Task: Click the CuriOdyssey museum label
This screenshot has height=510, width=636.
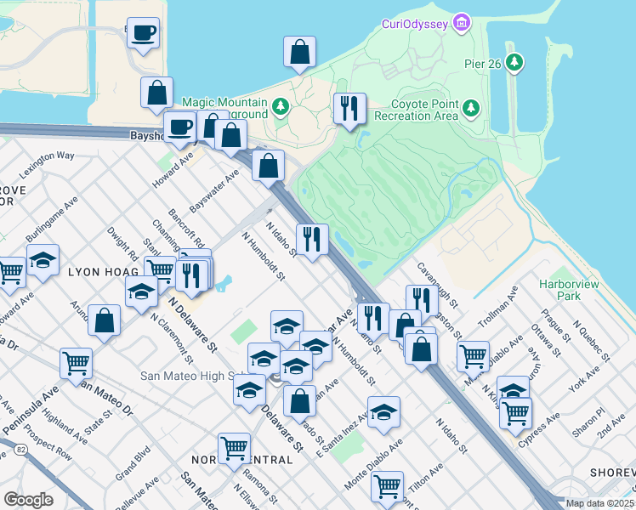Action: click(412, 24)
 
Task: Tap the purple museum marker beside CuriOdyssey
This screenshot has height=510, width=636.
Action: click(462, 21)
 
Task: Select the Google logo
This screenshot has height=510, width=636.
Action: click(28, 500)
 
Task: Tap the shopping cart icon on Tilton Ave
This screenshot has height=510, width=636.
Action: click(387, 487)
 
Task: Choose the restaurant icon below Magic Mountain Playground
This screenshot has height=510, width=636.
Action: click(349, 109)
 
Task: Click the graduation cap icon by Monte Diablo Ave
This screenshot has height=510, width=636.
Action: click(384, 411)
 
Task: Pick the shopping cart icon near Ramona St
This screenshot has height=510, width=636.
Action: click(234, 447)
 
